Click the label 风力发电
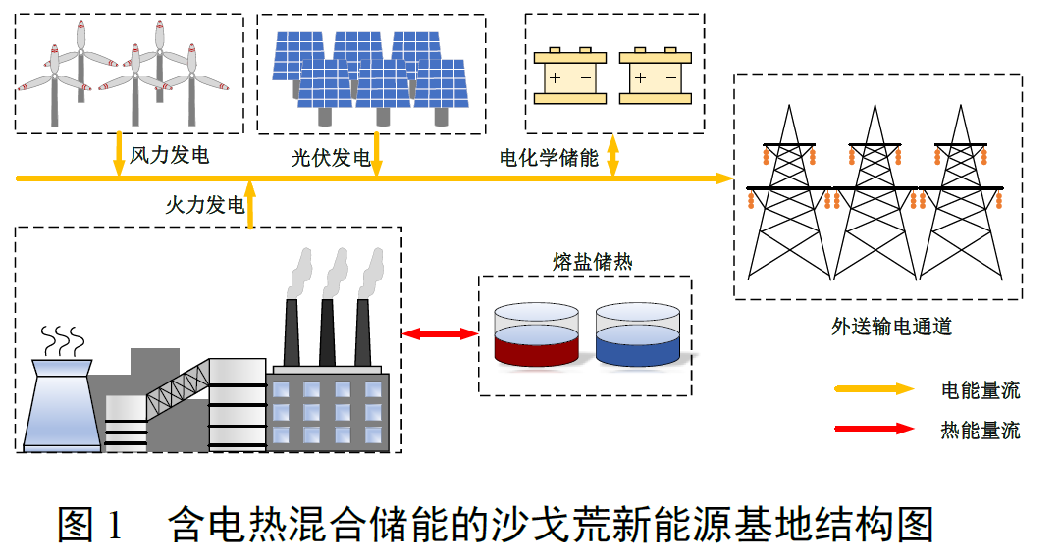pyautogui.click(x=170, y=155)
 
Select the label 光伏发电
pyautogui.click(x=331, y=158)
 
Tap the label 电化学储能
pyautogui.click(x=549, y=158)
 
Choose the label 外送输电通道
pyautogui.click(x=891, y=327)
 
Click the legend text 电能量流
pyautogui.click(x=981, y=390)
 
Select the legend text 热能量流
pyautogui.click(x=981, y=430)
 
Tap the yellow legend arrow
pyautogui.click(x=874, y=389)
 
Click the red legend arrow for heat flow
pyautogui.click(x=874, y=429)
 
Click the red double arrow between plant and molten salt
pyautogui.click(x=440, y=334)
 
